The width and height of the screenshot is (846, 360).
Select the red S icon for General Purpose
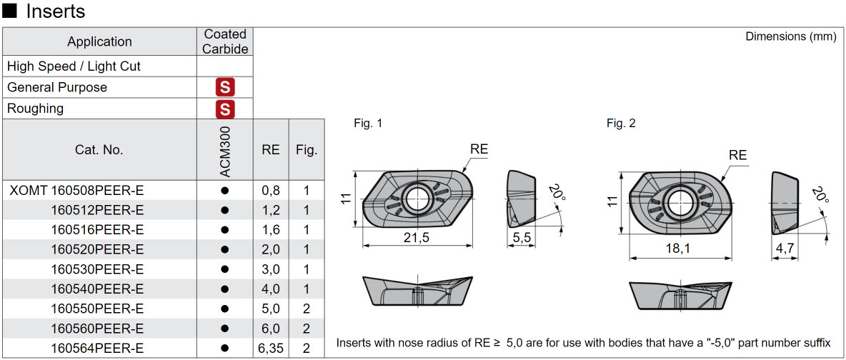[225, 88]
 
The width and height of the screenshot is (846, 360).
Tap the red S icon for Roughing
[225, 109]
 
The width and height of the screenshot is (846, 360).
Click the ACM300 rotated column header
[225, 150]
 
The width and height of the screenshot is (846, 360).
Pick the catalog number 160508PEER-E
[97, 191]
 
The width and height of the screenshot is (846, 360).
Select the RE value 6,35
[271, 348]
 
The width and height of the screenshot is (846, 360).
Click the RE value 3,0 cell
[271, 269]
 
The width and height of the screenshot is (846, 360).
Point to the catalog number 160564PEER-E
[97, 348]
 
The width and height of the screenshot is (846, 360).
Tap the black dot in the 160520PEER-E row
[225, 249]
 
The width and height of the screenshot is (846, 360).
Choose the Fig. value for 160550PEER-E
[307, 309]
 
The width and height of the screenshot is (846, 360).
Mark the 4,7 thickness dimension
[785, 249]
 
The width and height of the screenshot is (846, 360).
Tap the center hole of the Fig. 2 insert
[677, 201]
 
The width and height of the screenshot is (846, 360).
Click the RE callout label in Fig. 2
[737, 155]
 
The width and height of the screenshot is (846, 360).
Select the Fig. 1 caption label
[368, 124]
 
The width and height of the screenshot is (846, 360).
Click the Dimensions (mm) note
[790, 36]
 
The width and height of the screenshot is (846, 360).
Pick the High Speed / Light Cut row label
[74, 66]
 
